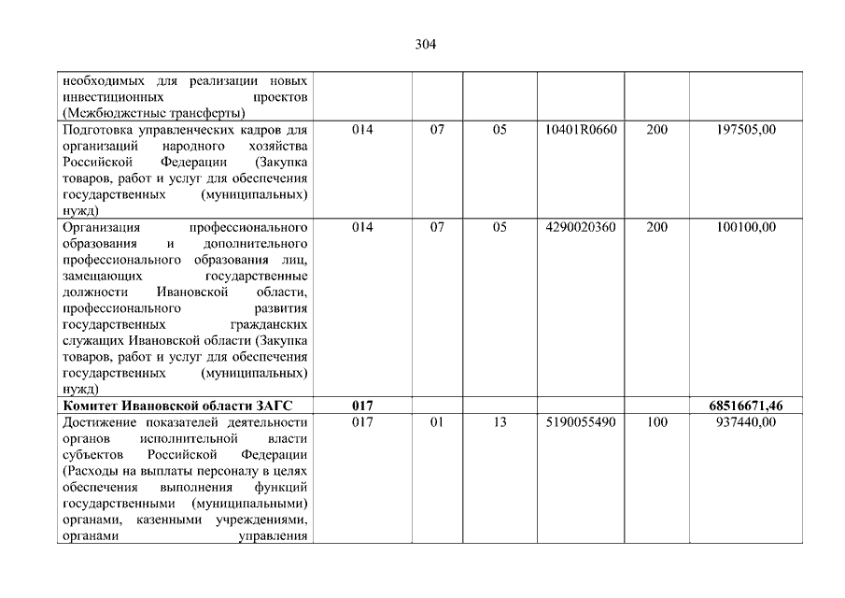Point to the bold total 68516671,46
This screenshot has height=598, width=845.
(745, 406)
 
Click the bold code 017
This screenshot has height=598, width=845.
(362, 406)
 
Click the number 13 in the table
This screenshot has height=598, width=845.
(499, 422)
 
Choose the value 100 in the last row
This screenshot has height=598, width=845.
(656, 422)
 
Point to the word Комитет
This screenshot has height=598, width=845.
(92, 406)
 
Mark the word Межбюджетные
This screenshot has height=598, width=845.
(112, 113)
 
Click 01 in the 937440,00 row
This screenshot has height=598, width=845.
(437, 422)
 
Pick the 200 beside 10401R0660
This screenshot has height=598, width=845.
(656, 130)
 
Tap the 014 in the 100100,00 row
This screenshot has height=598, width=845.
(362, 227)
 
